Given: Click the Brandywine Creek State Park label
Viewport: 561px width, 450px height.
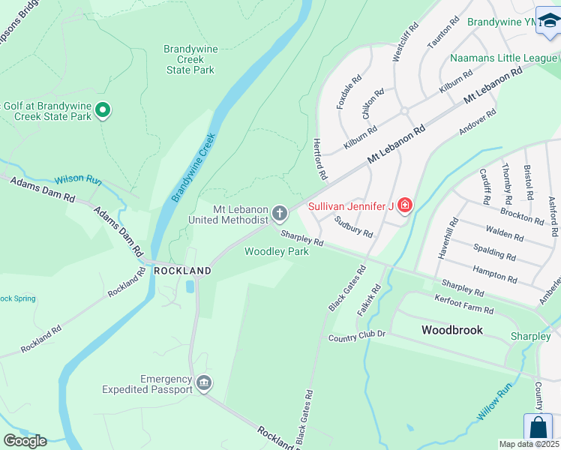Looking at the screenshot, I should tap(190, 59).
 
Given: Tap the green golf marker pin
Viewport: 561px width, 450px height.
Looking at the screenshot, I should tap(103, 111).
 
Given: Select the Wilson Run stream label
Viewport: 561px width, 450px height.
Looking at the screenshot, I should tap(77, 181).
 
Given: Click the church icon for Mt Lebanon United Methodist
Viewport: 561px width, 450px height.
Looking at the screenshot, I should tap(279, 214).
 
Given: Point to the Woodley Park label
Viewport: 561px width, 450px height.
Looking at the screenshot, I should tap(277, 252).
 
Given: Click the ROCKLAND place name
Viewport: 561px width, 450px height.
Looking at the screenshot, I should tap(182, 270).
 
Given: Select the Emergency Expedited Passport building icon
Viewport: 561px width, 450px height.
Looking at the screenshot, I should tap(203, 384).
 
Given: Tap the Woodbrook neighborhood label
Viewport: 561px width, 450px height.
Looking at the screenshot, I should tap(451, 330).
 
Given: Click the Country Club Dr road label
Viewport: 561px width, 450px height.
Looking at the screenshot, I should tap(356, 337).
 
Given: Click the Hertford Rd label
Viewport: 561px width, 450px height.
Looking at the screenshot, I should tap(320, 158).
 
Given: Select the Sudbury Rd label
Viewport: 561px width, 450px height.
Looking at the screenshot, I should tap(354, 226).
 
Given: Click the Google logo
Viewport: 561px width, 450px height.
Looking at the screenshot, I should tap(25, 440).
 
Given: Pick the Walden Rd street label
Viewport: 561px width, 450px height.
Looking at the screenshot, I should tap(504, 233).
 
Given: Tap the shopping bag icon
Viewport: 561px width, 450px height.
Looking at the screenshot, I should tap(538, 428).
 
